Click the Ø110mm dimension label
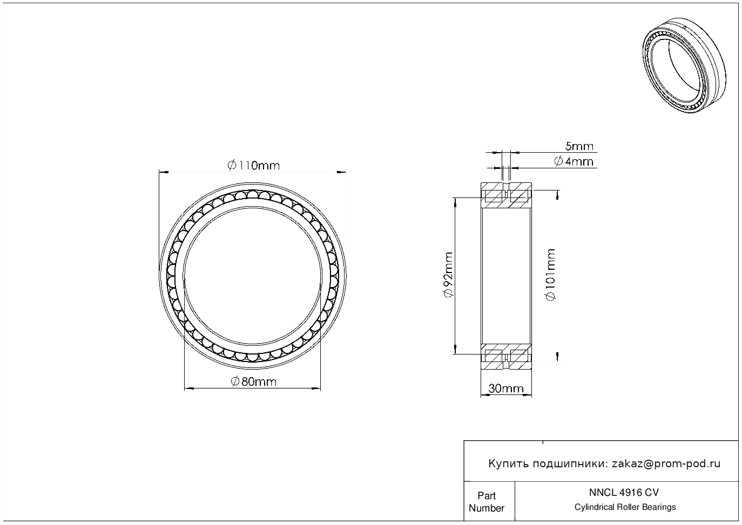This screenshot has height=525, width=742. [x=253, y=165]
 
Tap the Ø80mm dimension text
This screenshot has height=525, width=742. [x=253, y=381]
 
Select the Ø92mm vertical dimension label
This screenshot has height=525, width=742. [x=448, y=275]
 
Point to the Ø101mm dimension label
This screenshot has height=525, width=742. [x=550, y=275]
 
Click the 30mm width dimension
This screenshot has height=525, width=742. [x=506, y=388]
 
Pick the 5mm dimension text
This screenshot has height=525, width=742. [x=579, y=146]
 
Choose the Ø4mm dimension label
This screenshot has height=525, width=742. [x=574, y=161]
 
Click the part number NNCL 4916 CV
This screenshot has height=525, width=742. [x=624, y=493]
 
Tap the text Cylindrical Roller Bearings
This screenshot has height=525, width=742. [x=625, y=507]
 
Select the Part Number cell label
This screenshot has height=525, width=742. [x=486, y=502]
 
